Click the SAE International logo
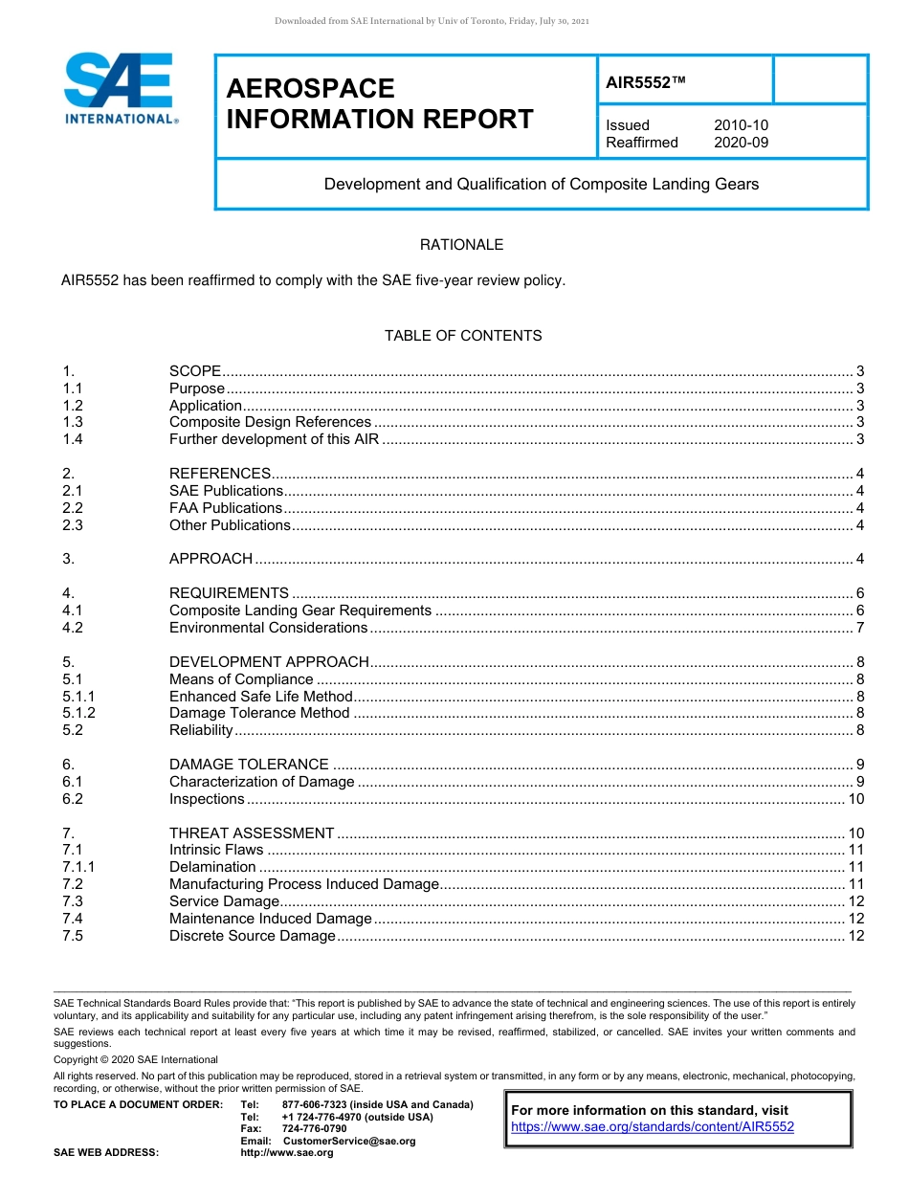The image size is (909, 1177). (x=120, y=89)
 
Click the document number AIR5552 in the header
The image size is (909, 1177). (x=647, y=83)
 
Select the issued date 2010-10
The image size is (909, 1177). (x=741, y=125)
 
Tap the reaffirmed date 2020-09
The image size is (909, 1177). (x=741, y=143)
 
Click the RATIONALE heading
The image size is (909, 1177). (x=461, y=245)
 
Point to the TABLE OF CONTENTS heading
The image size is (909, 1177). (x=463, y=336)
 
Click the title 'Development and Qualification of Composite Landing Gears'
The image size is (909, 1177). (x=541, y=184)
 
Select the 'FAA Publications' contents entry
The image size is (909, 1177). (x=226, y=508)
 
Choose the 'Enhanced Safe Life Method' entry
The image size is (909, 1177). (x=261, y=697)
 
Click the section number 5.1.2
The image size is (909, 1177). (x=78, y=713)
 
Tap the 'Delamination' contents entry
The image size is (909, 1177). (x=212, y=867)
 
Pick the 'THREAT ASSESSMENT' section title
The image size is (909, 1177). (x=252, y=833)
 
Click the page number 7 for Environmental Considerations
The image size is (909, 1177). (x=860, y=628)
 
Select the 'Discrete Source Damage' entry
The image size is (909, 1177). (x=253, y=936)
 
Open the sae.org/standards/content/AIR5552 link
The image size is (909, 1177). (x=653, y=1127)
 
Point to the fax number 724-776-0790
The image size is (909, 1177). (x=314, y=1129)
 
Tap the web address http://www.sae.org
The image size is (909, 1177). (x=287, y=1153)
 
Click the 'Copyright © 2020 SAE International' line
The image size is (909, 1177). (x=136, y=1059)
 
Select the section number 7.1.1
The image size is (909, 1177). (x=78, y=867)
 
